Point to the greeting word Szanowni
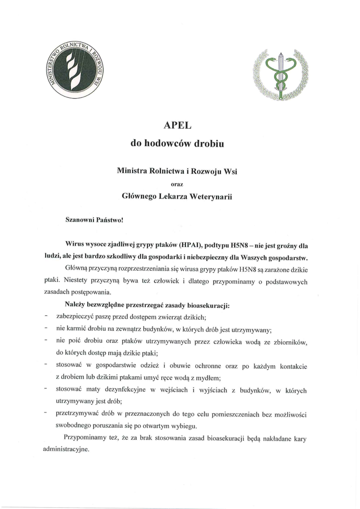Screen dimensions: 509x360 79,221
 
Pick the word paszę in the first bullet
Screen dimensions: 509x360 102,317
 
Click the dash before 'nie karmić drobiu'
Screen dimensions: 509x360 46,329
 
